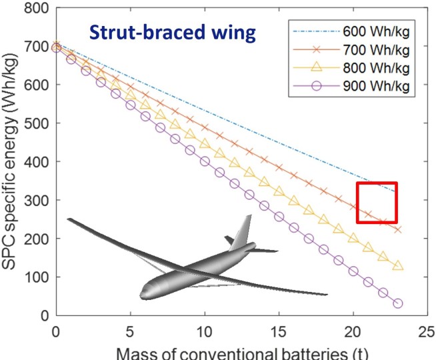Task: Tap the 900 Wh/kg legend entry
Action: [373, 86]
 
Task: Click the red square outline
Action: [377, 203]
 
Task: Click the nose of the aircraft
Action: [144, 293]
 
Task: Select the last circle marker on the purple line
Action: [398, 303]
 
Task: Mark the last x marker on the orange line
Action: [398, 229]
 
